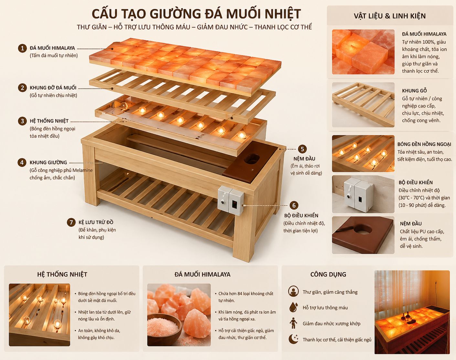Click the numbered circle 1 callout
(x=22, y=48)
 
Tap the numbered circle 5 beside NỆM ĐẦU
(x=302, y=149)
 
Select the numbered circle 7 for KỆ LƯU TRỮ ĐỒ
(x=71, y=222)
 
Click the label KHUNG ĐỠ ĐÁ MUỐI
(x=53, y=88)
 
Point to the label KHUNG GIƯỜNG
(x=48, y=163)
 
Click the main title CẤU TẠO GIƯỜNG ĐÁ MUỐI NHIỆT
(x=196, y=14)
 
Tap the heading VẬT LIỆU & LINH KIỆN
(x=389, y=16)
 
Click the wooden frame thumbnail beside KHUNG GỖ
(x=363, y=105)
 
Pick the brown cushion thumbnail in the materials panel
(x=363, y=235)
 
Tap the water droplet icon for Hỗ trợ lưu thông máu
(x=293, y=307)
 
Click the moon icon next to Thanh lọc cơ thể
(x=293, y=339)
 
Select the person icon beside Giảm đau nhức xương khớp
(x=293, y=323)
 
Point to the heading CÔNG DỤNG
(x=328, y=274)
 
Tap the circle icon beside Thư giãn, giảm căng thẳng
(x=293, y=291)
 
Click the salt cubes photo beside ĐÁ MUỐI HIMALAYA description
(x=363, y=52)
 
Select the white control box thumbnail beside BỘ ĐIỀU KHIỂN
(x=363, y=194)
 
